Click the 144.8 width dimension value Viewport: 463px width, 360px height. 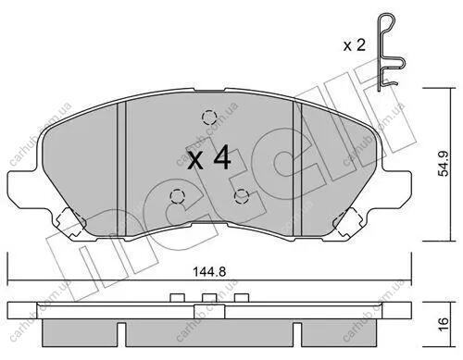209,272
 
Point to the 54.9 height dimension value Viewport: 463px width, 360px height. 444,164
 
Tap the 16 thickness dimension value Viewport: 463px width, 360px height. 444,325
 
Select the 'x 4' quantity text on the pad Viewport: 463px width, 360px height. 209,158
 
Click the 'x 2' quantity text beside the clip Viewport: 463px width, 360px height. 355,45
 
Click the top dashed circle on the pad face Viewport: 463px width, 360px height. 209,118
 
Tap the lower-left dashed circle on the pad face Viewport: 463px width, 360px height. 177,196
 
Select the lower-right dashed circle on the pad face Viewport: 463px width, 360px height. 242,196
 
